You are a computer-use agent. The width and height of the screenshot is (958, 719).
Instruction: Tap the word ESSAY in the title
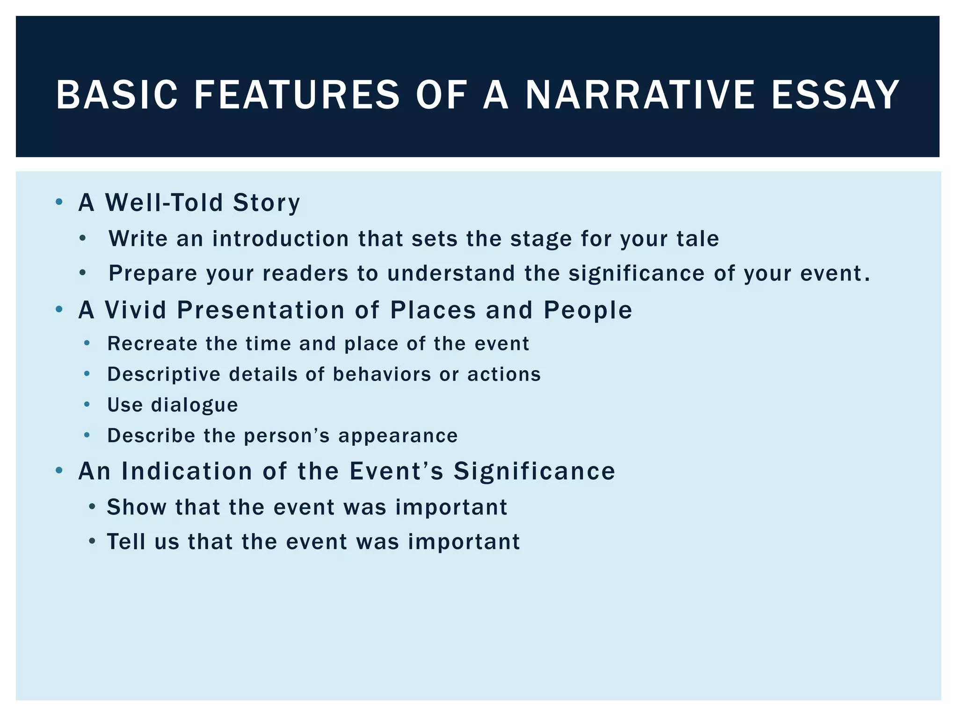835,95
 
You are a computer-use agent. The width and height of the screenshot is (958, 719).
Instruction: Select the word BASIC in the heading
116,95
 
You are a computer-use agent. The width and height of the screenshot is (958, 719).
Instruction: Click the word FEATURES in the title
297,95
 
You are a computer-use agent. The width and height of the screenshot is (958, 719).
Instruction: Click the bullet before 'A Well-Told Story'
59,202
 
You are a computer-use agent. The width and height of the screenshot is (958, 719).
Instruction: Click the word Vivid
136,310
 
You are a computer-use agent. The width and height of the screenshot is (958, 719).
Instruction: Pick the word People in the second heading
588,311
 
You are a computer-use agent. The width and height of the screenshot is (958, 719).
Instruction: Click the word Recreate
152,344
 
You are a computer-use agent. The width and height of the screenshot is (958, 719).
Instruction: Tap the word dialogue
194,405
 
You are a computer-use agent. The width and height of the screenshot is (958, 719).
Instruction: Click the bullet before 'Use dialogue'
87,404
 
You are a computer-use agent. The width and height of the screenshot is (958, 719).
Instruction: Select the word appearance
398,436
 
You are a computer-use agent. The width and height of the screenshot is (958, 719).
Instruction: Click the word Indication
187,471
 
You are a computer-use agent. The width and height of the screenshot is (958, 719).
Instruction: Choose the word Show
137,507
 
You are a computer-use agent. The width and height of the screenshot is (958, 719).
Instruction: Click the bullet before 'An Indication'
59,470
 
